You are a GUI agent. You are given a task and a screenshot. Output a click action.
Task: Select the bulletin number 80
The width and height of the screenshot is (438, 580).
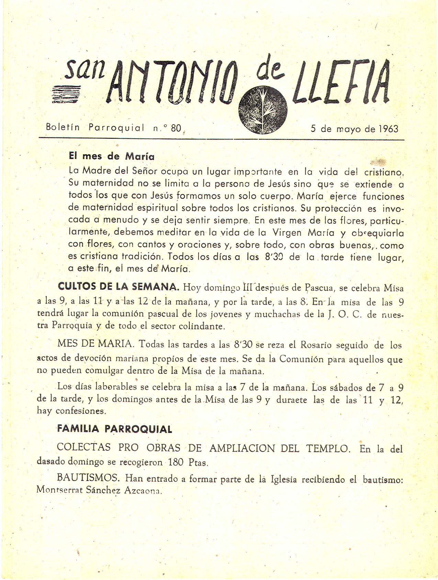(x=176, y=128)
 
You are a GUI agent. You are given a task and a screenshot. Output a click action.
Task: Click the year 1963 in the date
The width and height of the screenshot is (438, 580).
(x=388, y=129)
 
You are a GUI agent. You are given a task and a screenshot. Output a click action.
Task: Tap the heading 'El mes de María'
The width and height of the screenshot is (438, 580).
(x=112, y=156)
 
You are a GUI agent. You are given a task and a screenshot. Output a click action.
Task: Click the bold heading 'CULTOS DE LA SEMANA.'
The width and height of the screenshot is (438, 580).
(x=119, y=286)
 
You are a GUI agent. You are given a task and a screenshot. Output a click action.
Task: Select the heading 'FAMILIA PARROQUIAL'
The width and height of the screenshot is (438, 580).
(x=114, y=429)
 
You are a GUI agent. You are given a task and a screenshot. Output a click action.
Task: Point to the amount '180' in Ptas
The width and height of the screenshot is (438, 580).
(x=176, y=462)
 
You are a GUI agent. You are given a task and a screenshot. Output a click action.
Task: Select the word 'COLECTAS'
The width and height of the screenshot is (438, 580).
(x=84, y=447)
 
